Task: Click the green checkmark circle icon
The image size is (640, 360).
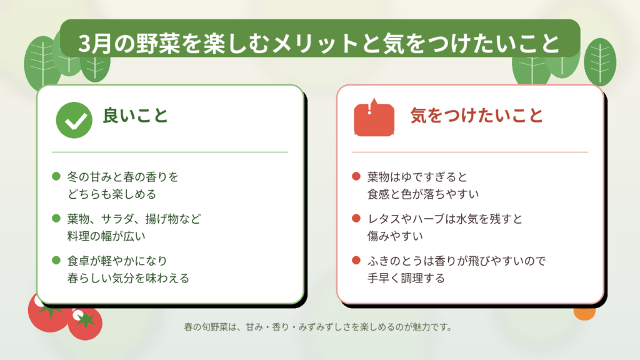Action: click(74, 120)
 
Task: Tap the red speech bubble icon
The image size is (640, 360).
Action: click(374, 117)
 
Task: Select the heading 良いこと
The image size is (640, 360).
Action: click(136, 116)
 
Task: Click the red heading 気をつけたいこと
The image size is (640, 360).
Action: click(477, 116)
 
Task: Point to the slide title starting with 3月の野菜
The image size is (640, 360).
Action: click(319, 43)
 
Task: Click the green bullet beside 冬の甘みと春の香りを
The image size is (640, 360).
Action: click(56, 176)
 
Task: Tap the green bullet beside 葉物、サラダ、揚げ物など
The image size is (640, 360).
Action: click(56, 218)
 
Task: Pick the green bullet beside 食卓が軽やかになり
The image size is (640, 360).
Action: click(56, 261)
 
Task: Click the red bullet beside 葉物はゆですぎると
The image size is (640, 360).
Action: click(356, 176)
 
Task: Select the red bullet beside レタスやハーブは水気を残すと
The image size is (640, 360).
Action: click(356, 218)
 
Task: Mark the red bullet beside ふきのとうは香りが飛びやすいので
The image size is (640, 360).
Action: click(356, 261)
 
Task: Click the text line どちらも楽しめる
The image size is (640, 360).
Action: click(112, 194)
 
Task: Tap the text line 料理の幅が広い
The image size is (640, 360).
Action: click(106, 236)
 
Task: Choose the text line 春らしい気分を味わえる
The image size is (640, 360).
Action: click(128, 278)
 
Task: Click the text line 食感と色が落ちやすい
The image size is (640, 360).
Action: click(423, 194)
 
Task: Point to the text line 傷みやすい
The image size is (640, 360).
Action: click(395, 236)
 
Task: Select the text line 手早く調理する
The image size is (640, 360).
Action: click(406, 278)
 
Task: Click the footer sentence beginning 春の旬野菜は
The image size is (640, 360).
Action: click(318, 327)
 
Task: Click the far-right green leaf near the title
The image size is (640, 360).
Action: click(599, 62)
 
